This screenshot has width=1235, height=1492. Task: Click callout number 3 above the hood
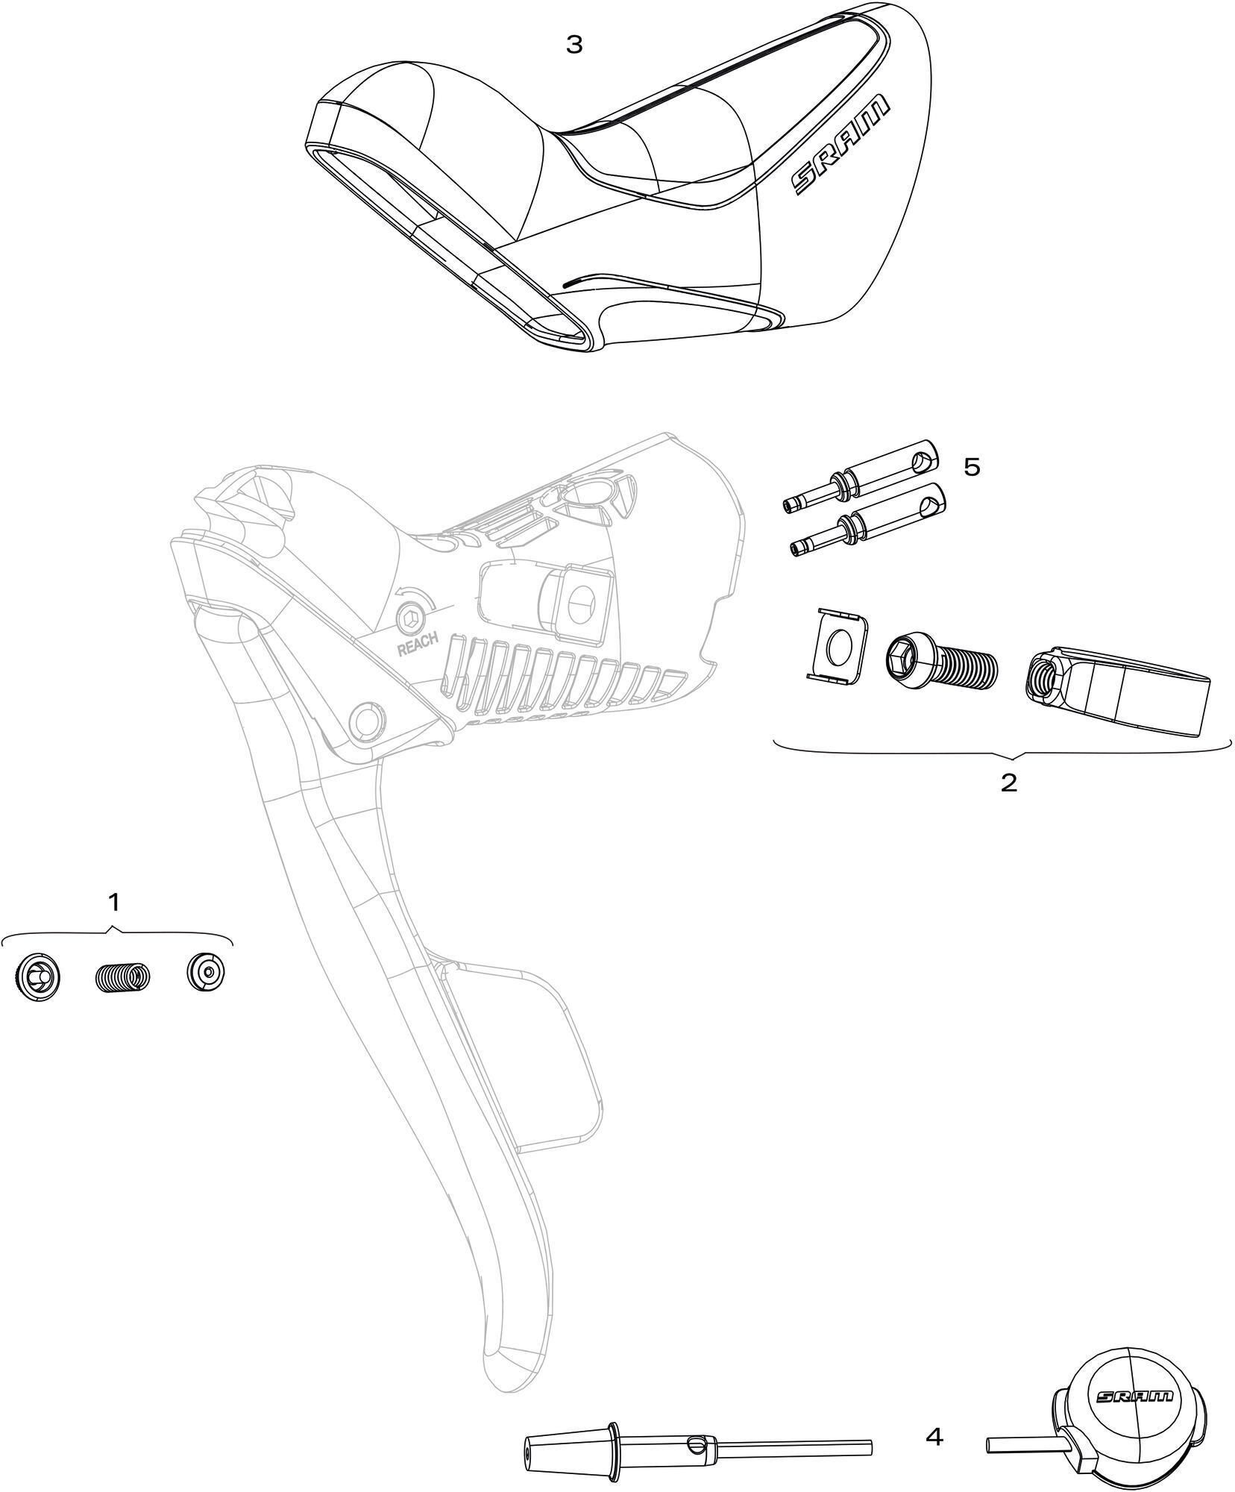[x=573, y=45]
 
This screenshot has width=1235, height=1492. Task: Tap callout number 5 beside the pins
[x=972, y=467]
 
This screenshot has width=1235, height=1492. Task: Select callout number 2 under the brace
[x=1008, y=783]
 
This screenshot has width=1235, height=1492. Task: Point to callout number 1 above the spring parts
[x=113, y=902]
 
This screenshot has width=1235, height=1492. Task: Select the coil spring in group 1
[x=122, y=975]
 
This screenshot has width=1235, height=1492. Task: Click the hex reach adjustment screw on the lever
[x=409, y=618]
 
